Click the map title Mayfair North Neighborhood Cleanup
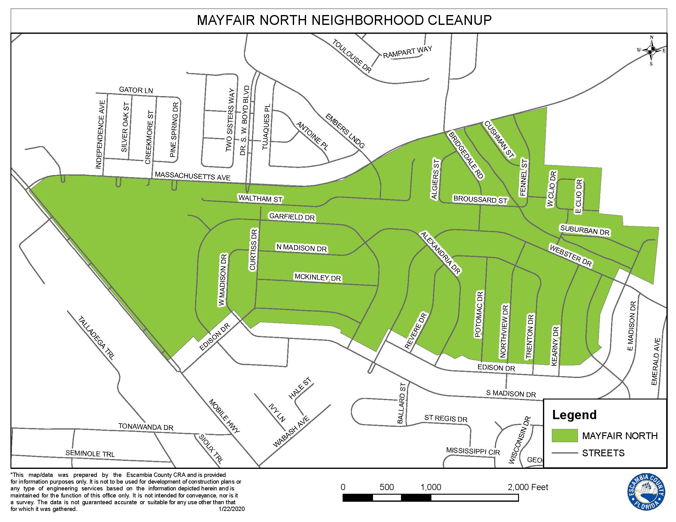pyautogui.click(x=344, y=20)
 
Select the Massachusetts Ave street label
pyautogui.click(x=193, y=176)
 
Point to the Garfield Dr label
pyautogui.click(x=292, y=217)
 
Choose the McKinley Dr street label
pyautogui.click(x=318, y=277)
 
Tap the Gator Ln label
pyautogui.click(x=136, y=90)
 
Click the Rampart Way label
pyautogui.click(x=407, y=52)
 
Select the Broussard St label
pyautogui.click(x=480, y=200)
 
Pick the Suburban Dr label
pyautogui.click(x=585, y=230)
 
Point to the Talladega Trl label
pyautogui.click(x=96, y=337)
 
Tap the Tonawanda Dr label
pyautogui.click(x=145, y=427)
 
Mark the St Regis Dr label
pyautogui.click(x=446, y=419)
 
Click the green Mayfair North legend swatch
pyautogui.click(x=564, y=435)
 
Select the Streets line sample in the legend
pyautogui.click(x=564, y=453)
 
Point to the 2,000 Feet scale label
pyautogui.click(x=528, y=487)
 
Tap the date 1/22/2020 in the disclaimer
pyautogui.click(x=231, y=509)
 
